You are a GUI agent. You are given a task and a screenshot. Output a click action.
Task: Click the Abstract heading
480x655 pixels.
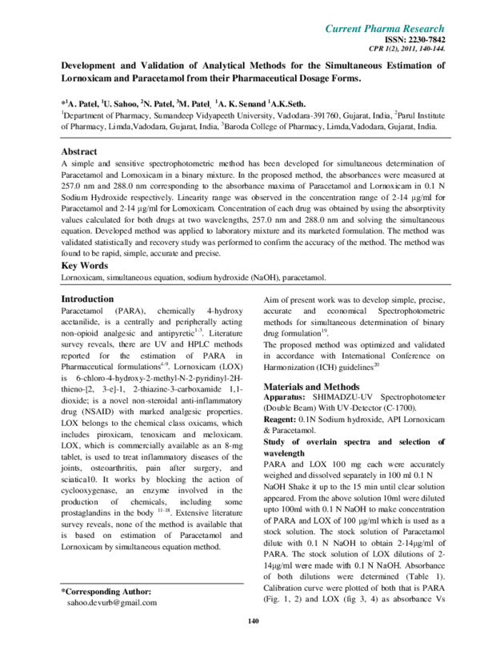click(79, 151)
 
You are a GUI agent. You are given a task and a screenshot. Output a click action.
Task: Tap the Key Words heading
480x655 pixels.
click(85, 265)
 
